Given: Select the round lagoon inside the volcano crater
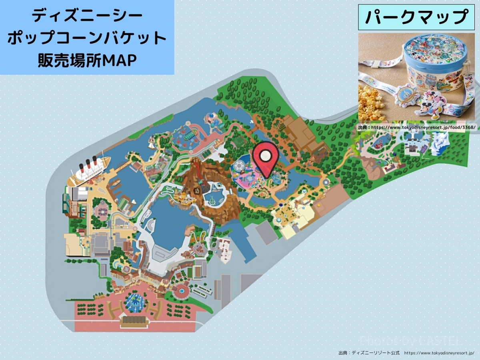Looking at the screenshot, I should pos(214,198).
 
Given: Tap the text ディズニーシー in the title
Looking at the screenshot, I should pos(87,16).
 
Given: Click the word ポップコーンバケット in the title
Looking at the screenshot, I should pos(87,38).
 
